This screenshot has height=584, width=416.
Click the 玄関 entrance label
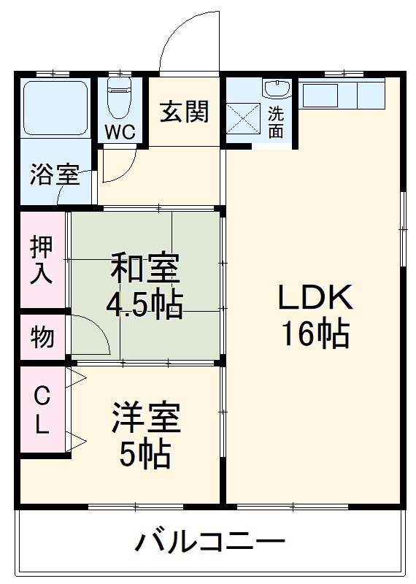coord(185,112)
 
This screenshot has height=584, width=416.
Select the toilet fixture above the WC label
coord(118,99)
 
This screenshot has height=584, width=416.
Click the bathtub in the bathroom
coord(55,108)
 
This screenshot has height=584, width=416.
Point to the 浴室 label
coord(54,175)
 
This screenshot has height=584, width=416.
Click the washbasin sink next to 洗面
coord(277,90)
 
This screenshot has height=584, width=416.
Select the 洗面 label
coord(276,122)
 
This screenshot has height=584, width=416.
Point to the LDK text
coord(315,299)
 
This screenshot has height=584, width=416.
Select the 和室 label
coord(145,269)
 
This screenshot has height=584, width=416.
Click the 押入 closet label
coord(42,260)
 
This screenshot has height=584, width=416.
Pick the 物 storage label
coord(42,337)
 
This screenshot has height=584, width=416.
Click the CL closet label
coord(42,410)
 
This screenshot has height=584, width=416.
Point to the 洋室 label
coord(146,418)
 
